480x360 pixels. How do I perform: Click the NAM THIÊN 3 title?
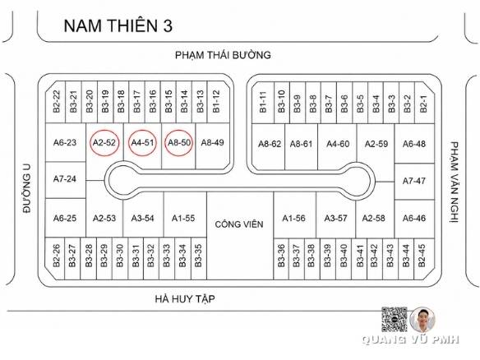point(118,25)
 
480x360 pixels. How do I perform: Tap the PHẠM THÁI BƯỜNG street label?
point(223,55)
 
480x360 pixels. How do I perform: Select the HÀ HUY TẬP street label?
point(185,298)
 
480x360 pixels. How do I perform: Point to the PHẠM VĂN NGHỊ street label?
point(454,182)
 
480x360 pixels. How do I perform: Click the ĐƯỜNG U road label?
point(27,188)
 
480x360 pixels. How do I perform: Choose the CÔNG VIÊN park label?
point(239,224)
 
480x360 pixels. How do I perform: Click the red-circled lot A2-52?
point(104,143)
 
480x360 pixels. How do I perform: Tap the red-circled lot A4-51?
point(142,143)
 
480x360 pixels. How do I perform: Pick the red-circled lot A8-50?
point(179,143)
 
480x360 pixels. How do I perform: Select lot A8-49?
point(212,142)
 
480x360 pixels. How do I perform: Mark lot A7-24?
point(65,179)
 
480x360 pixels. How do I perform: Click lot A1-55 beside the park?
point(183,218)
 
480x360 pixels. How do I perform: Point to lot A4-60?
point(338,144)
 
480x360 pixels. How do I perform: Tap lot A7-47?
point(414,181)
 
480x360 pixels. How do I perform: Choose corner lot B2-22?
point(57,101)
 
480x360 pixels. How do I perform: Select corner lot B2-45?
point(422,256)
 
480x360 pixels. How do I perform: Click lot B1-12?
point(216,101)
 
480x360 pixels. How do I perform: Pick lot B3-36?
point(281,256)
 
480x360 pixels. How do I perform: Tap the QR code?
point(395,319)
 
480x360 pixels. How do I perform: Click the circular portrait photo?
point(422,320)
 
